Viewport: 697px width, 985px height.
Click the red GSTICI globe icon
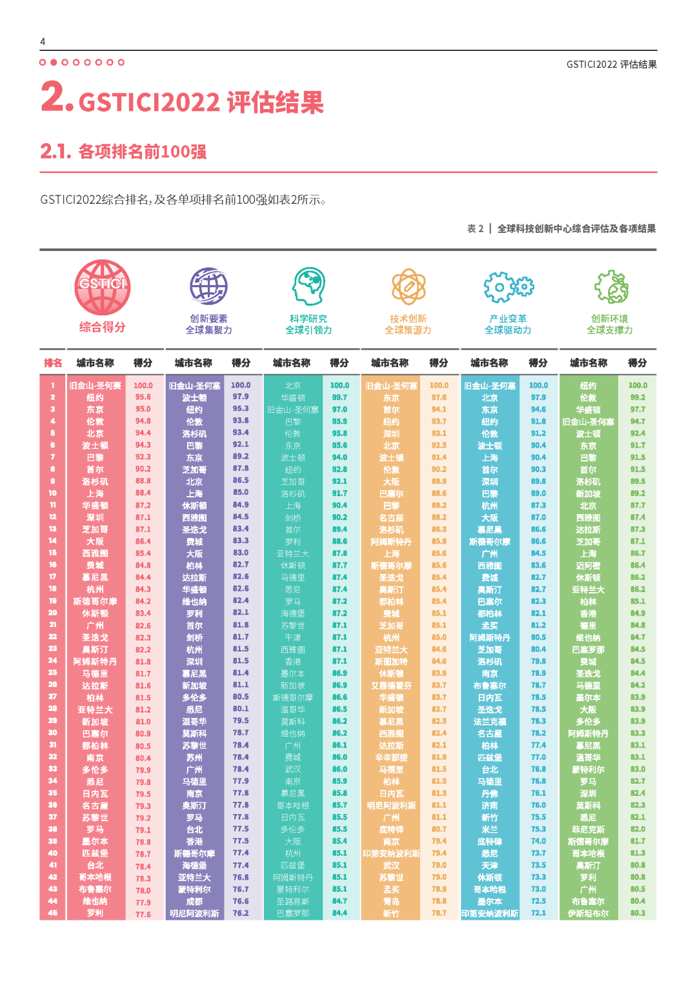point(102,287)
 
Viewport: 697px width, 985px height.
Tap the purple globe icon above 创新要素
point(208,286)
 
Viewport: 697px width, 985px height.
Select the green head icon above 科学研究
point(308,286)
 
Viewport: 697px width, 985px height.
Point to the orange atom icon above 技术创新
point(408,286)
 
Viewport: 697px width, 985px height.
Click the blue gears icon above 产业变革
point(508,286)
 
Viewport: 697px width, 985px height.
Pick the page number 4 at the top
point(43,42)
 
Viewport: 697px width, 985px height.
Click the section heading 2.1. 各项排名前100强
point(123,152)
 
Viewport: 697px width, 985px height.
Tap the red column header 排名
point(53,363)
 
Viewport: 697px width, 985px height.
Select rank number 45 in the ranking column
point(53,913)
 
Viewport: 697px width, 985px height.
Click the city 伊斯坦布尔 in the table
point(588,913)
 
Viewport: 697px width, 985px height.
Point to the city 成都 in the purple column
point(194,902)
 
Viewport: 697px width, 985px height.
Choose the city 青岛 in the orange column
point(391,902)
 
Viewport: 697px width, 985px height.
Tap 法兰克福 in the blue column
point(490,722)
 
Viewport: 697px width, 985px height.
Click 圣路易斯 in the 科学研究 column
point(293,902)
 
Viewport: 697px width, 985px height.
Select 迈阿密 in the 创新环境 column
point(588,566)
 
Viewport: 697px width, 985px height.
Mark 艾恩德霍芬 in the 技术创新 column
point(391,686)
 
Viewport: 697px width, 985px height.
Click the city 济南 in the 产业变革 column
point(490,806)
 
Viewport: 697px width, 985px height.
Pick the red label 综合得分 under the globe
point(102,327)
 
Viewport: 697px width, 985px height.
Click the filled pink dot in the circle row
point(54,63)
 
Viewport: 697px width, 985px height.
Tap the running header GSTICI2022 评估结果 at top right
point(611,65)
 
